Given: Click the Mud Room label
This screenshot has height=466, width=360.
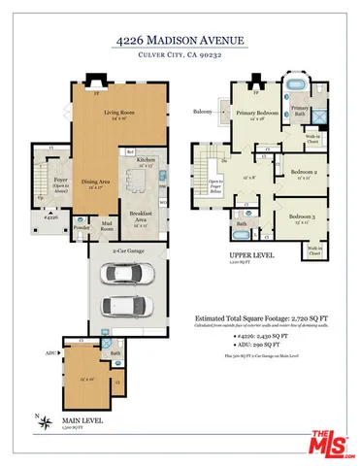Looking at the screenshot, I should (x=107, y=229).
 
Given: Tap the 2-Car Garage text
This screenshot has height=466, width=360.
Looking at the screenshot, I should (x=129, y=250).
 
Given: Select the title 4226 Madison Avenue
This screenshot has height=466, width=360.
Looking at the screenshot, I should (x=180, y=42).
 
